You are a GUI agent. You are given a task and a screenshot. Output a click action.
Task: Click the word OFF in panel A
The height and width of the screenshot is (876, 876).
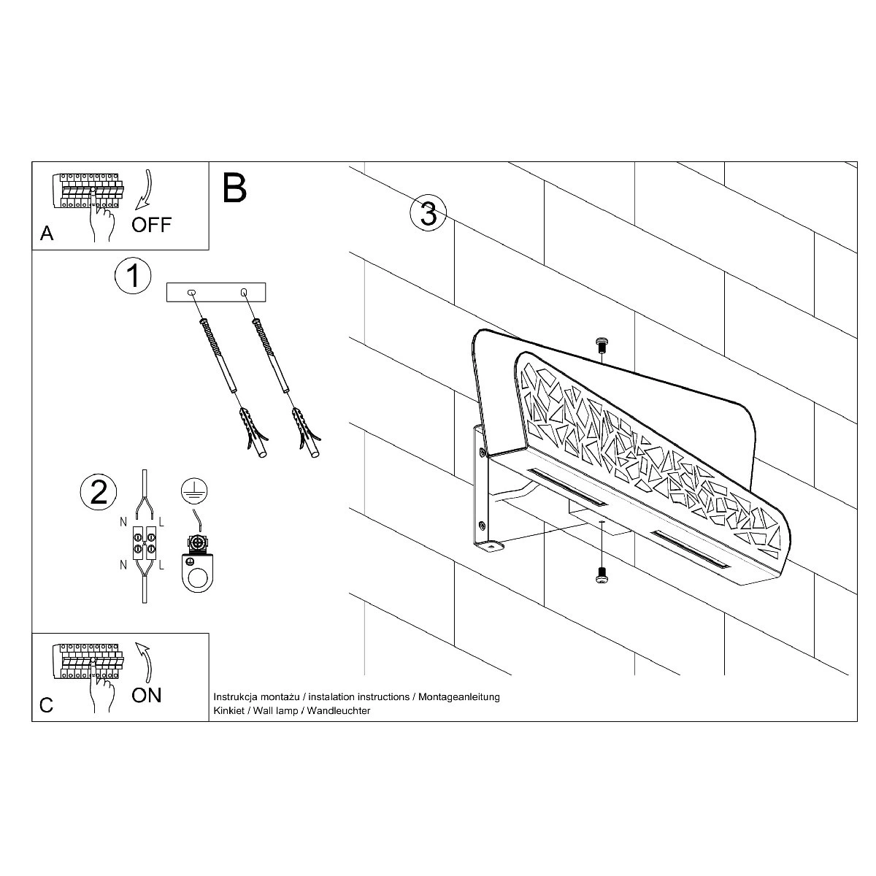point(151,225)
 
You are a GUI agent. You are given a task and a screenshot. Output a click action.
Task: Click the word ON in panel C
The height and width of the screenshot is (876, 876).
point(147,695)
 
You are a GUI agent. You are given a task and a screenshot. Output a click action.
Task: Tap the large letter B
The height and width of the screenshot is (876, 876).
point(234,188)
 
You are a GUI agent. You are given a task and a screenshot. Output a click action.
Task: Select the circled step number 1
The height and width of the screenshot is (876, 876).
point(133,275)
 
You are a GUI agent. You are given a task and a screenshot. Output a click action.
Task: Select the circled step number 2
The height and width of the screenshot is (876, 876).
point(99,491)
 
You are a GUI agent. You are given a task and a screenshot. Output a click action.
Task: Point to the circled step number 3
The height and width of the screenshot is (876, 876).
point(429,212)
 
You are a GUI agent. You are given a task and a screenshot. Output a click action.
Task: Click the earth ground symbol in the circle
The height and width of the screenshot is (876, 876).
point(194,492)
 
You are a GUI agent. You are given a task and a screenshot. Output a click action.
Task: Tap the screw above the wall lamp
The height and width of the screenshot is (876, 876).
point(602,345)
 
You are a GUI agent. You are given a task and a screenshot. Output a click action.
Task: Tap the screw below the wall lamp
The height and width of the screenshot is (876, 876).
point(602,575)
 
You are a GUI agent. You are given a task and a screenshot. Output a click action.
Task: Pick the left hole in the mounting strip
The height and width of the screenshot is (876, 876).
point(192,293)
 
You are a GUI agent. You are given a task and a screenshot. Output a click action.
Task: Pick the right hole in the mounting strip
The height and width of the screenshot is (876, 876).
point(244,292)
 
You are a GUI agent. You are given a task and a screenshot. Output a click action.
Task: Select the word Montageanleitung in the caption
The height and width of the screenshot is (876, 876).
point(458,697)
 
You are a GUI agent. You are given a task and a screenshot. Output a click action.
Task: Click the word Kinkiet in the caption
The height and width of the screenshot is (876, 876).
point(228,710)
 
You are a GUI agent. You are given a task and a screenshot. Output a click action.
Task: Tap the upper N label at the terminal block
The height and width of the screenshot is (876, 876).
point(123,523)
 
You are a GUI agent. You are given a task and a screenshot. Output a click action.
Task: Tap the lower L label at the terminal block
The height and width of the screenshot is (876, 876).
point(161,565)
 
